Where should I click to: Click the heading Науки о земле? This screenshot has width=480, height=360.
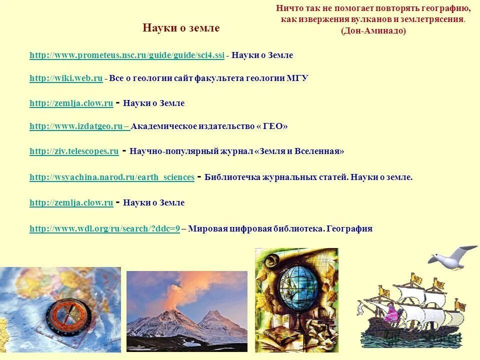(x=181, y=28)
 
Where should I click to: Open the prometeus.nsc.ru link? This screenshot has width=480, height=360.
(x=127, y=55)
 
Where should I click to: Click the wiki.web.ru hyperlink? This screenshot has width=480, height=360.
(x=66, y=78)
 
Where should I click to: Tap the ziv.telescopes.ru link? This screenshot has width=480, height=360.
(x=74, y=151)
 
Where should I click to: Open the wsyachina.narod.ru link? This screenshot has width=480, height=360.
(x=112, y=177)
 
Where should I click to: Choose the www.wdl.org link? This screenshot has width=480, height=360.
(x=104, y=229)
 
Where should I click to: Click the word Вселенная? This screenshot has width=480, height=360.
(x=319, y=151)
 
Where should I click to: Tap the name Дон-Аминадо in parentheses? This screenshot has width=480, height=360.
(x=373, y=31)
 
